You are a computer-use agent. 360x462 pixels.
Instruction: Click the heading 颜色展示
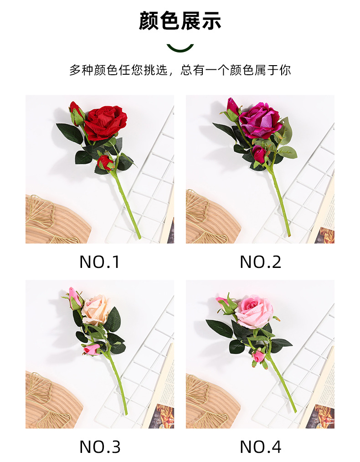tap(180, 21)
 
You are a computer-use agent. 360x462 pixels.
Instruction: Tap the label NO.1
tap(99, 262)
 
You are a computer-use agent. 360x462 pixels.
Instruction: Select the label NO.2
tap(260, 262)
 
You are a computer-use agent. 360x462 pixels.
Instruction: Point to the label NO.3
tap(99, 447)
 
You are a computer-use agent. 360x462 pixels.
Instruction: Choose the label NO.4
tap(260, 447)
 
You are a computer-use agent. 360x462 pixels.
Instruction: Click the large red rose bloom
tap(105, 122)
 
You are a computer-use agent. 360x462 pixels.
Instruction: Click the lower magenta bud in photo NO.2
tap(259, 154)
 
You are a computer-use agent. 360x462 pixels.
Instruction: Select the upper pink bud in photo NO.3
tap(74, 298)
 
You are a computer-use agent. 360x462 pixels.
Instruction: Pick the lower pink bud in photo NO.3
tap(93, 349)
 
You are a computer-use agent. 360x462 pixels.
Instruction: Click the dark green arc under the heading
tap(180, 47)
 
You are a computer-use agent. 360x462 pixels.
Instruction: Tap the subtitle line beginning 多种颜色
tap(180, 70)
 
